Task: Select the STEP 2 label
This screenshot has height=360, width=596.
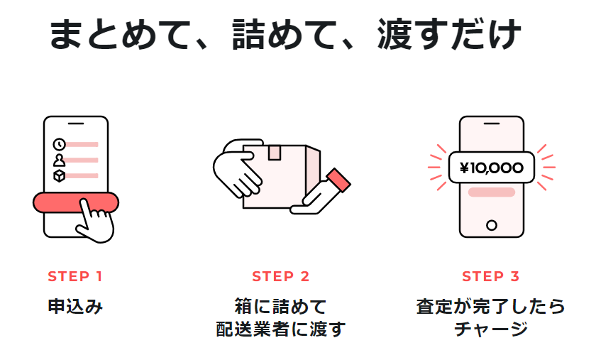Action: point(281,276)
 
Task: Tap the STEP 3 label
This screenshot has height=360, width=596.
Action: point(491,276)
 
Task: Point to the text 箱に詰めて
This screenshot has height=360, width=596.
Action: point(281,307)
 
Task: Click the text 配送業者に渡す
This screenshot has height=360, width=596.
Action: point(281,329)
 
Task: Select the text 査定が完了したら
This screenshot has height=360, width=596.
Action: point(491,307)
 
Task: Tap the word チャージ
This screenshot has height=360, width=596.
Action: point(491,329)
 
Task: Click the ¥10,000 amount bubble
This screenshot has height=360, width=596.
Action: point(492,168)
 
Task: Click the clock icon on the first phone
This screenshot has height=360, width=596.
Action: point(60,145)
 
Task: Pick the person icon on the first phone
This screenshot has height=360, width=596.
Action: point(60,160)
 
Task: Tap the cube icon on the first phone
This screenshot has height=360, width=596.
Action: point(60,175)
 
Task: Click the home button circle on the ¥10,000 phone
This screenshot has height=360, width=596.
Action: point(491,225)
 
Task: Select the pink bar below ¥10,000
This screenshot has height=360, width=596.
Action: point(491,192)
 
